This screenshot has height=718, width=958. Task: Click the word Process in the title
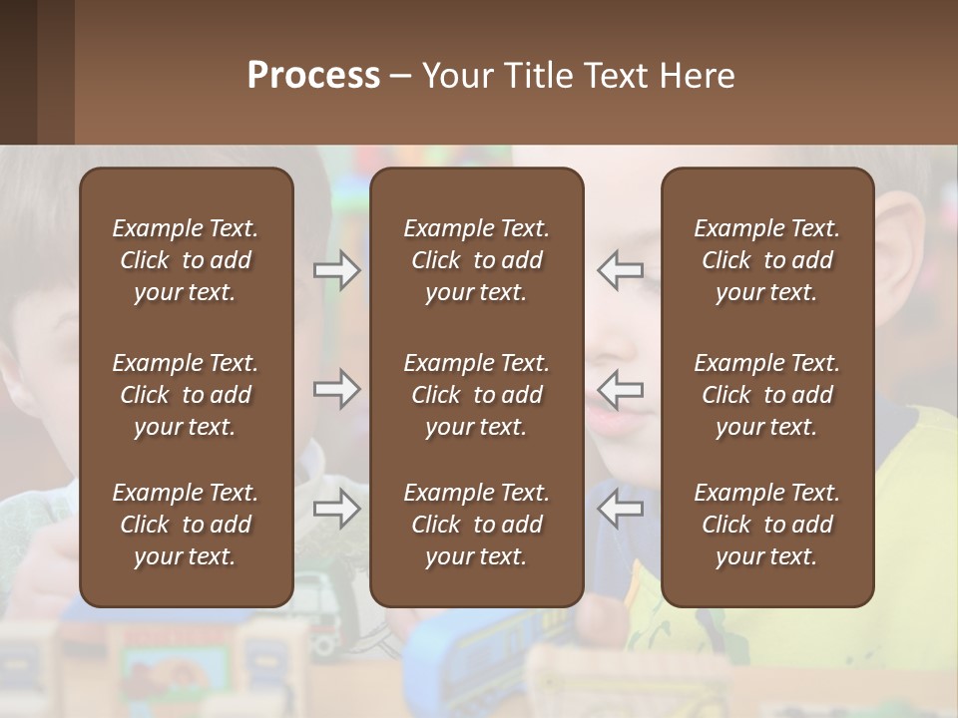pyautogui.click(x=313, y=76)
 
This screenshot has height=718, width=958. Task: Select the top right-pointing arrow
pyautogui.click(x=336, y=270)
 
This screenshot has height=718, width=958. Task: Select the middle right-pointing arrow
pyautogui.click(x=336, y=389)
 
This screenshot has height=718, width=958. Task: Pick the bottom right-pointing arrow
pyautogui.click(x=336, y=509)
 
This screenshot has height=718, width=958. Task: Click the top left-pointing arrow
pyautogui.click(x=620, y=270)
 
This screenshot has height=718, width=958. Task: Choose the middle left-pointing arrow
pyautogui.click(x=620, y=389)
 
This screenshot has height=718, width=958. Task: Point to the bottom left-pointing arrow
pyautogui.click(x=620, y=509)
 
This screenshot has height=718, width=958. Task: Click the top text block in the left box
pyautogui.click(x=186, y=260)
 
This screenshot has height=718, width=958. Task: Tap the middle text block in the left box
pyautogui.click(x=186, y=395)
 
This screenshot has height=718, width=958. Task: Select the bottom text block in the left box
pyautogui.click(x=186, y=525)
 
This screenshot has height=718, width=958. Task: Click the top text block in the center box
pyautogui.click(x=476, y=260)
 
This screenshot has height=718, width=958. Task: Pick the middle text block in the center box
pyautogui.click(x=476, y=395)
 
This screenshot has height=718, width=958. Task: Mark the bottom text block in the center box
pyautogui.click(x=476, y=525)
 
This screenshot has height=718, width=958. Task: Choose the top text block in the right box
pyautogui.click(x=766, y=260)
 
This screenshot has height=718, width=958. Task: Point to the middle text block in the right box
pyautogui.click(x=766, y=395)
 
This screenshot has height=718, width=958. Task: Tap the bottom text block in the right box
pyautogui.click(x=766, y=525)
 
